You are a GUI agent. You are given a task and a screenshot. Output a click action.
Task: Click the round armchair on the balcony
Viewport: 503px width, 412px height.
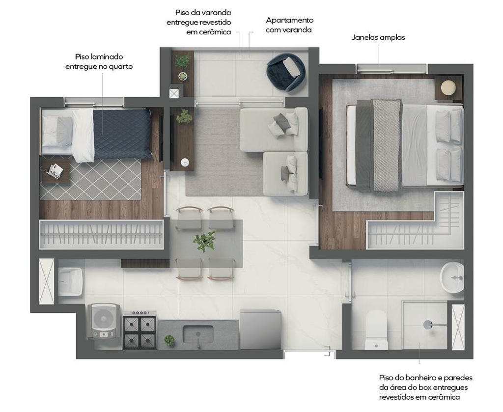(286, 72)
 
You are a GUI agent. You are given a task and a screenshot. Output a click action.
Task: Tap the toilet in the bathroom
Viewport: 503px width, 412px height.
(376, 330)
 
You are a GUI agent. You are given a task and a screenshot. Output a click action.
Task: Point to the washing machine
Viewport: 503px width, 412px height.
(104, 321)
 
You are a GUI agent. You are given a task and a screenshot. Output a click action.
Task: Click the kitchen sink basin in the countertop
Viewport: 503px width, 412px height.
(198, 334)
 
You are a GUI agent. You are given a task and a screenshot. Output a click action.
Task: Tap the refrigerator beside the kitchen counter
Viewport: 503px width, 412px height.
(260, 330)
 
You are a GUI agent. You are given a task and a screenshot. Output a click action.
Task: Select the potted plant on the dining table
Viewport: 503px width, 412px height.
(204, 241)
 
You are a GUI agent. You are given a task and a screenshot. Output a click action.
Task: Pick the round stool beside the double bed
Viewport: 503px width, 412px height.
(448, 87)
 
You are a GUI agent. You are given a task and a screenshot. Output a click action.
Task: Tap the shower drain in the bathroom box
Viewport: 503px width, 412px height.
(428, 325)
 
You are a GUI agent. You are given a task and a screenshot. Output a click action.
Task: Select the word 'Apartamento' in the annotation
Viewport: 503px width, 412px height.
(290, 20)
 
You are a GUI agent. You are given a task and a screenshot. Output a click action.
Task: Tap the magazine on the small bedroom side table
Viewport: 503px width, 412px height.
(55, 170)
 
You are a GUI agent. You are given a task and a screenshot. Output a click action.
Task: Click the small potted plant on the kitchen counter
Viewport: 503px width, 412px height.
(169, 340)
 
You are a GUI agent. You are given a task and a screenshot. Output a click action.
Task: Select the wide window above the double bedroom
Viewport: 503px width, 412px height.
(392, 68)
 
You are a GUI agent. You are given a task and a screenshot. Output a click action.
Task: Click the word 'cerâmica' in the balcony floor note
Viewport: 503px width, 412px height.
(215, 32)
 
